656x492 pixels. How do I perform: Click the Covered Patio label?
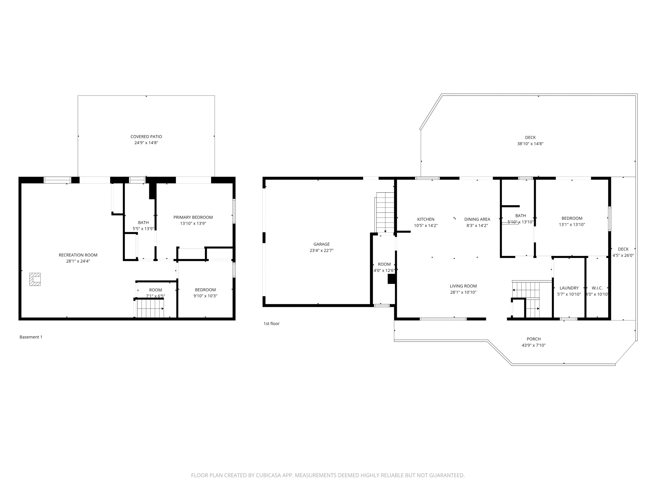coord(146,137)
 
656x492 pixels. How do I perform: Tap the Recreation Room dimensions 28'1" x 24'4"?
coord(78,261)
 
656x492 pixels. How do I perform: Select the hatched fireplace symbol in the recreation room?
coord(35,279)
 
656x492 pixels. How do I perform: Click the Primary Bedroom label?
coord(193,217)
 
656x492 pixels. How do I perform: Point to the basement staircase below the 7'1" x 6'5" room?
coord(150,308)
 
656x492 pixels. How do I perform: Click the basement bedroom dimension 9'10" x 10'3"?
coord(205,296)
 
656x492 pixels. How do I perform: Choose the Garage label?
coord(322,244)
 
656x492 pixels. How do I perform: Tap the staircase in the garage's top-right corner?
coord(385,212)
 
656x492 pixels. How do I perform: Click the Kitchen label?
coord(426,219)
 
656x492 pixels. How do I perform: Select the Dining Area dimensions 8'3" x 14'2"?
coord(477,225)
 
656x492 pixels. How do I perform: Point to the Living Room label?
coord(463,286)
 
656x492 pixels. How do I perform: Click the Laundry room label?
coord(569,288)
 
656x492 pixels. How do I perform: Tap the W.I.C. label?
coord(597,288)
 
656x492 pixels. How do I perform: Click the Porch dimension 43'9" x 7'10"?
coord(533,345)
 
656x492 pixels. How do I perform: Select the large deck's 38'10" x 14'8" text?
coord(530,144)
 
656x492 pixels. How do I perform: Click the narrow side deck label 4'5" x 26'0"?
coord(623,255)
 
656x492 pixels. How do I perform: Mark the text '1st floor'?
coord(271,324)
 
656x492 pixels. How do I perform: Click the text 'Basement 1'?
coord(31,337)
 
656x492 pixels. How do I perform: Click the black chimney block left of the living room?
coord(391,279)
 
